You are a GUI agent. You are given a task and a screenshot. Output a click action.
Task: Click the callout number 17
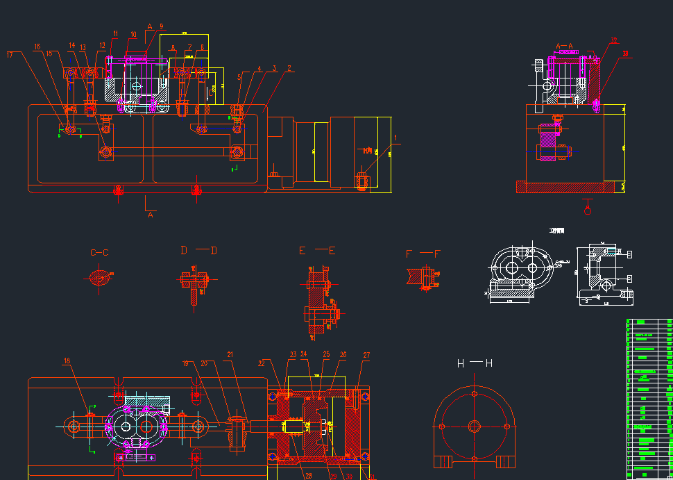[10, 53]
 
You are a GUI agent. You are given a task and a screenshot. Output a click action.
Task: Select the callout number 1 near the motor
[396, 138]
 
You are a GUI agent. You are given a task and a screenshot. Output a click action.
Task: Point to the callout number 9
[161, 26]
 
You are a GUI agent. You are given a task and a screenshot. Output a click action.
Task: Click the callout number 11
[115, 33]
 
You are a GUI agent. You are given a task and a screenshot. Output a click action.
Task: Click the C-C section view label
[100, 253]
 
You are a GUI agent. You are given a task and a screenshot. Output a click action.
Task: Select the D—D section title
[199, 250]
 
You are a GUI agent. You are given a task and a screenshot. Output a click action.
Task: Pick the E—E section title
[317, 250]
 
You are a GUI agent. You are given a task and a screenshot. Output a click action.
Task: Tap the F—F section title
[423, 254]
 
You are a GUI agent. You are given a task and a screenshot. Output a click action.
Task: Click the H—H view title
[475, 363]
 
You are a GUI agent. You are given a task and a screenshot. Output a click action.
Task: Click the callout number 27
[366, 355]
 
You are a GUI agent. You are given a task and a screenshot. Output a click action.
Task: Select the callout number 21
[230, 355]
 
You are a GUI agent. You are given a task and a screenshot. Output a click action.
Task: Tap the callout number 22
[262, 363]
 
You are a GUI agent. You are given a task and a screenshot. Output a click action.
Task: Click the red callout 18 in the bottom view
[67, 361]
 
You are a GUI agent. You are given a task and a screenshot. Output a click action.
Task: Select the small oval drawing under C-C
[100, 277]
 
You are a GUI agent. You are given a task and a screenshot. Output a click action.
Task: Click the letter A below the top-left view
[150, 215]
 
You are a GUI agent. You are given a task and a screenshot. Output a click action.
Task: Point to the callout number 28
[308, 475]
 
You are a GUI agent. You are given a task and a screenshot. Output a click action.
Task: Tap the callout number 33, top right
[625, 53]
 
